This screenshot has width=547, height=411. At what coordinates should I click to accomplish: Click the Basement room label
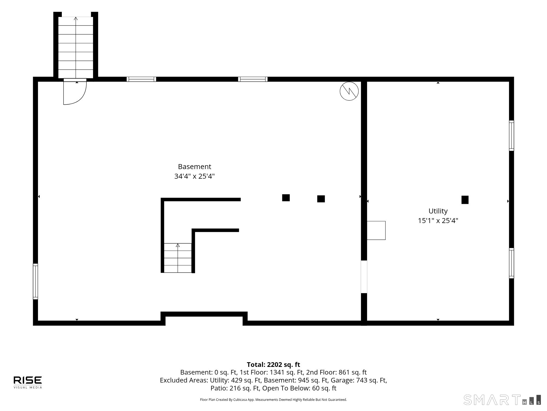pyautogui.click(x=194, y=167)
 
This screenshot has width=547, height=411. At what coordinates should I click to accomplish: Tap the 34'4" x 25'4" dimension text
pyautogui.click(x=194, y=176)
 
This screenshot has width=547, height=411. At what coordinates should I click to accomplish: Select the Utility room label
pyautogui.click(x=438, y=211)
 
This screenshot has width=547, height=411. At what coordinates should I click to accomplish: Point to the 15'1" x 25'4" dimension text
pyautogui.click(x=438, y=221)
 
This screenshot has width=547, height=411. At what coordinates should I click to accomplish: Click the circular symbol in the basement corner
pyautogui.click(x=349, y=91)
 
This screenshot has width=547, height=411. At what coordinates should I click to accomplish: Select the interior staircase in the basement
pyautogui.click(x=178, y=258)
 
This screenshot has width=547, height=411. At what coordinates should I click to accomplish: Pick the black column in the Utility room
pyautogui.click(x=465, y=200)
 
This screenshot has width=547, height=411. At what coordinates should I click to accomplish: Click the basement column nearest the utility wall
pyautogui.click(x=321, y=199)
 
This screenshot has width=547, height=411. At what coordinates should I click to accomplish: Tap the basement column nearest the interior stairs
pyautogui.click(x=286, y=198)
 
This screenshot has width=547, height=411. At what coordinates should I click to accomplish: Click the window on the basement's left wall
pyautogui.click(x=36, y=281)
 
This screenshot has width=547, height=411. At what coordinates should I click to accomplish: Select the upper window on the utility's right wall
pyautogui.click(x=511, y=136)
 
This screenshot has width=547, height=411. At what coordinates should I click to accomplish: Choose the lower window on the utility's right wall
pyautogui.click(x=511, y=263)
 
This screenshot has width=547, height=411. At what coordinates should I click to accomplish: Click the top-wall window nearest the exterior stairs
pyautogui.click(x=141, y=79)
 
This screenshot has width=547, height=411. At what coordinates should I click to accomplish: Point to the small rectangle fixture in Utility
pyautogui.click(x=376, y=230)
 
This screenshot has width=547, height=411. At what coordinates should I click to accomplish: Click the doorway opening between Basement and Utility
pyautogui.click(x=364, y=277)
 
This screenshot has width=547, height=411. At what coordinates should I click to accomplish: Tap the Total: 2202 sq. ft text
pyautogui.click(x=273, y=364)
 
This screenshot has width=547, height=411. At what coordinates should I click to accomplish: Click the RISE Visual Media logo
pyautogui.click(x=28, y=382)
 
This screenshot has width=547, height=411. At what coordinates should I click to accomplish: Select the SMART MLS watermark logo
pyautogui.click(x=502, y=400)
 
